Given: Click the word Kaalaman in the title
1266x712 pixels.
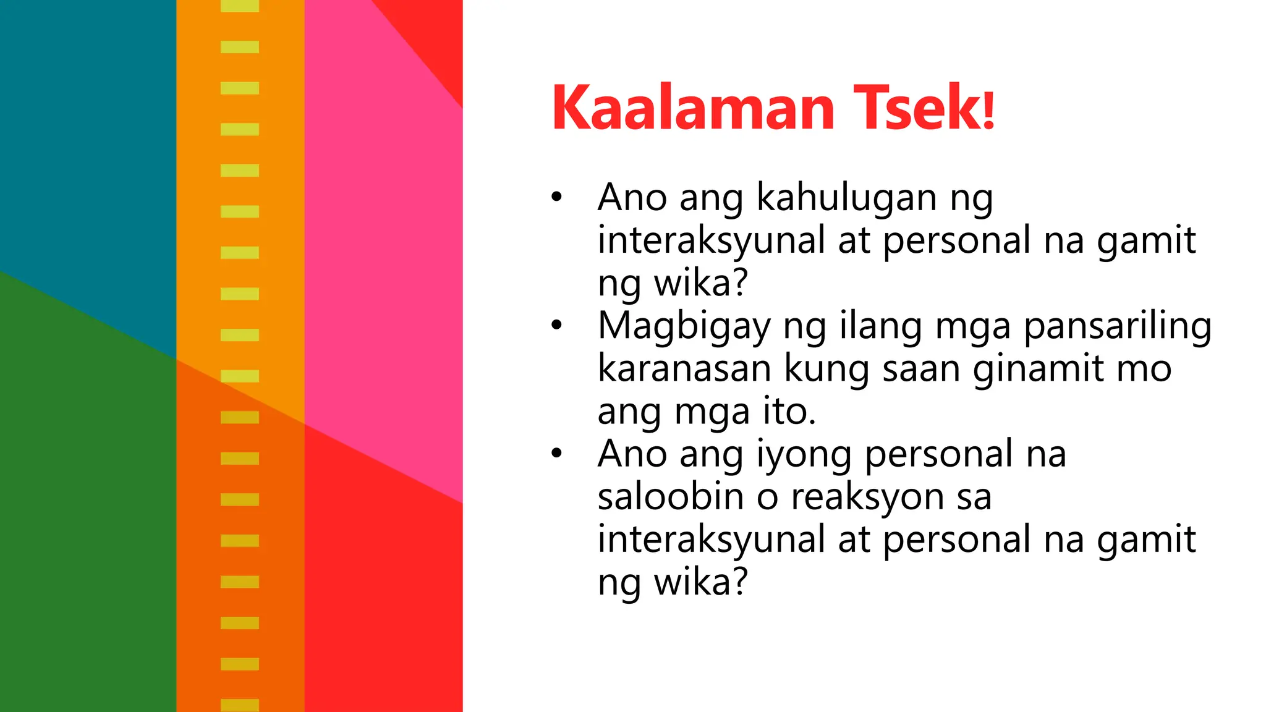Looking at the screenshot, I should click(693, 108).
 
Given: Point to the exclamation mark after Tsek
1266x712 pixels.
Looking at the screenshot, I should click(988, 110).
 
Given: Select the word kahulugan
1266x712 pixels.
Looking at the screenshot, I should click(846, 199).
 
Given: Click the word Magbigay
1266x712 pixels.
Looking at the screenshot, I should click(684, 328).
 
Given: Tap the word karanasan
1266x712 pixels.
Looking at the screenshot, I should click(684, 369).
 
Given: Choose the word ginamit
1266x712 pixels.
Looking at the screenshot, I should click(1038, 370).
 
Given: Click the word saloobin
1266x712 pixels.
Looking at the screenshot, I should click(670, 497).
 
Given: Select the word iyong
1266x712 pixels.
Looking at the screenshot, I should click(804, 456).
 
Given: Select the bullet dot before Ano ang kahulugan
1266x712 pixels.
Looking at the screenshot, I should click(557, 197).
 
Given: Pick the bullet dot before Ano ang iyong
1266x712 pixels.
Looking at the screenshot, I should click(557, 454).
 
